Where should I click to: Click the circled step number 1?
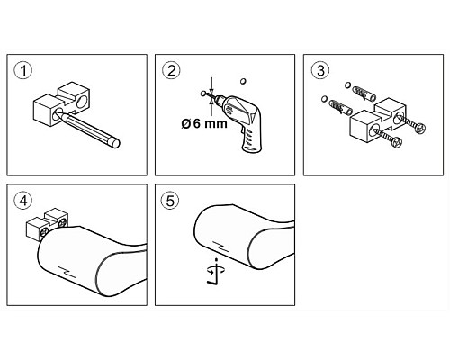[23, 71]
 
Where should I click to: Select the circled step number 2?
[171, 71]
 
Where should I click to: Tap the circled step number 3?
[320, 71]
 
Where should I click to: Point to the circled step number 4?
[23, 201]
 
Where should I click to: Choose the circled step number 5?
[170, 201]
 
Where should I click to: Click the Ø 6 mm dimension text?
[204, 123]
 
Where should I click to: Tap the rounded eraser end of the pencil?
[115, 143]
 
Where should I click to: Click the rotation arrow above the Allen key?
[216, 270]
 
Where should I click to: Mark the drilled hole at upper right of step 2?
[243, 81]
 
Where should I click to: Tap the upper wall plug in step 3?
[364, 94]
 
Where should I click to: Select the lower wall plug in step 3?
[340, 108]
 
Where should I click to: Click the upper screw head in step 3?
[420, 129]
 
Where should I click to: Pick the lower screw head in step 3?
[397, 142]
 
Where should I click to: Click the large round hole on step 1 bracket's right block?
[81, 102]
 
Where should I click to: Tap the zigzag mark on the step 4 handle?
[67, 272]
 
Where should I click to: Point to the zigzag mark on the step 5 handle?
[220, 246]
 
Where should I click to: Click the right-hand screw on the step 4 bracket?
[62, 222]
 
